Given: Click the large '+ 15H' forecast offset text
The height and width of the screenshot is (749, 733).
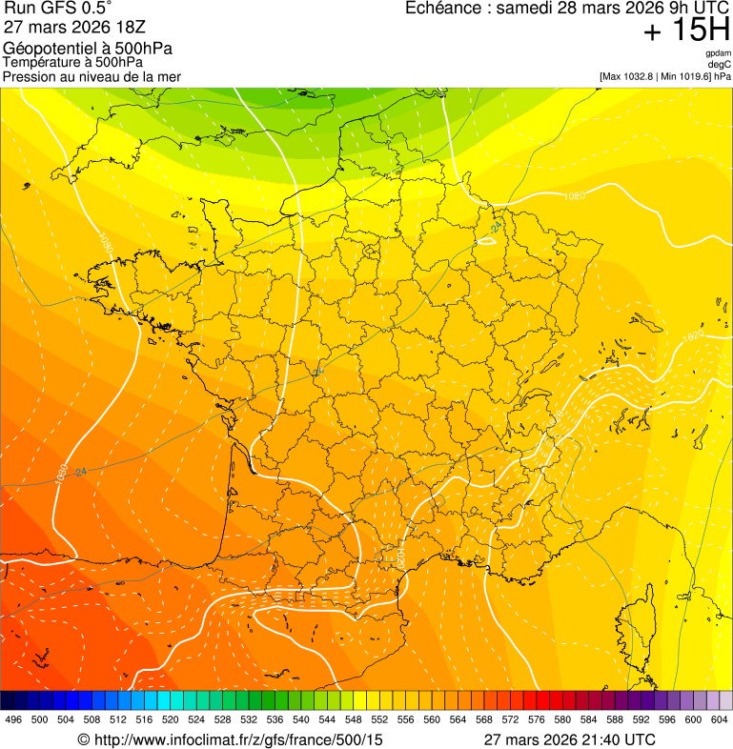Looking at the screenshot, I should pyautogui.click(x=686, y=31).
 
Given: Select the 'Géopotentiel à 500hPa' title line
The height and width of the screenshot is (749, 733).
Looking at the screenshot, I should pyautogui.click(x=89, y=49).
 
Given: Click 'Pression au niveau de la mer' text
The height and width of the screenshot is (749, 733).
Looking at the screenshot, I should pyautogui.click(x=92, y=76).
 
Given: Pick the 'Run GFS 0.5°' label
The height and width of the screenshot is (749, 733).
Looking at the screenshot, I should pyautogui.click(x=58, y=9).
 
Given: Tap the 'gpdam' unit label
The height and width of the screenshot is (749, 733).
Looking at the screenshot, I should pyautogui.click(x=719, y=54).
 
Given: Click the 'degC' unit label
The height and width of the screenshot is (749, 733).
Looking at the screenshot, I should pyautogui.click(x=720, y=65).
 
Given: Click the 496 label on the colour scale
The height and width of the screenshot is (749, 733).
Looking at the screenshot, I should pyautogui.click(x=13, y=720).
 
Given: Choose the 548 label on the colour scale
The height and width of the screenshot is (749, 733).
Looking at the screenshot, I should pyautogui.click(x=352, y=720).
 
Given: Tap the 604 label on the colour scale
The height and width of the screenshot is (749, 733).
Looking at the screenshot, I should pyautogui.click(x=719, y=720).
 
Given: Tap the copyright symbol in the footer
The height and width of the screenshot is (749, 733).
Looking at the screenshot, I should pyautogui.click(x=83, y=739).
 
